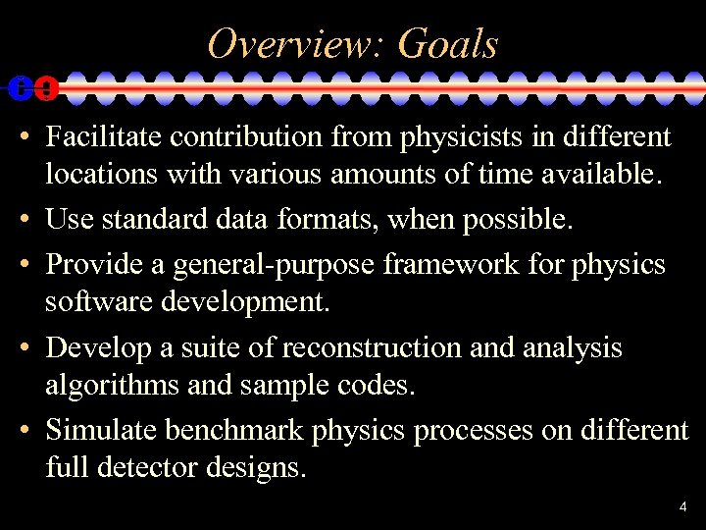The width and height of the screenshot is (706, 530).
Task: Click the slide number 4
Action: point(682,507)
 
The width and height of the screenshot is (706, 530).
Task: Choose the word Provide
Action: point(91,264)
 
